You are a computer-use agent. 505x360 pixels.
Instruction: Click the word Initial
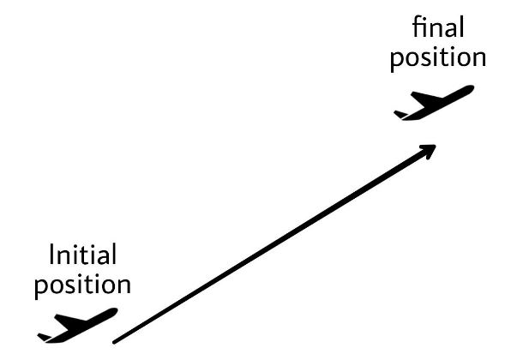(x=82, y=255)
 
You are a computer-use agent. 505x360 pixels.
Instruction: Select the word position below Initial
(x=82, y=285)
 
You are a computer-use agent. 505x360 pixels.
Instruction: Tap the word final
(x=438, y=27)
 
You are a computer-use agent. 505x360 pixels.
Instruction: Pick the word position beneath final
(x=437, y=57)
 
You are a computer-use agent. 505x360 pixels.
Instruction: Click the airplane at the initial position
(x=76, y=326)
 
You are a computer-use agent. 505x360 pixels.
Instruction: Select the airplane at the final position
(x=433, y=103)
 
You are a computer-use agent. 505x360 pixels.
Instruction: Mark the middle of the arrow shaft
(x=273, y=246)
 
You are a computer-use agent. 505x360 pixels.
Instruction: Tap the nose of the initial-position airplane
(x=113, y=312)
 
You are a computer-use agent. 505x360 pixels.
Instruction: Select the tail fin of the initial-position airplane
(x=44, y=335)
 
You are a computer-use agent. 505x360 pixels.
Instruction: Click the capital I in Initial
(x=53, y=255)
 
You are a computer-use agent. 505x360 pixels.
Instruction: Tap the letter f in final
(x=418, y=27)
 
